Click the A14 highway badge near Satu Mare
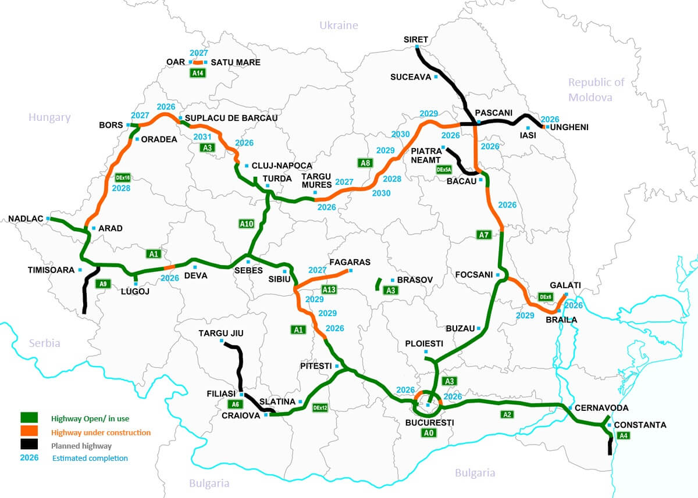tap(198, 73)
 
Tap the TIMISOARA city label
tap(51, 270)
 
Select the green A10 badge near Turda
tap(247, 223)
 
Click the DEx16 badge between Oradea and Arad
tap(122, 177)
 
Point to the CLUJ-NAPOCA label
tap(282, 166)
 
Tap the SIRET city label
tap(416, 40)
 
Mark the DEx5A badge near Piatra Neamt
tap(444, 170)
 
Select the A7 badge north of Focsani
tap(483, 235)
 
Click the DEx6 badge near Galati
tap(546, 297)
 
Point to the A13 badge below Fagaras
tap(329, 289)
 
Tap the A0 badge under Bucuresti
tap(429, 433)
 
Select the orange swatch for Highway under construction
tap(29, 431)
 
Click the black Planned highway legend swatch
tap(29, 445)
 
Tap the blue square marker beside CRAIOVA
tap(266, 415)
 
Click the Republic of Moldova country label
tap(596, 89)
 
